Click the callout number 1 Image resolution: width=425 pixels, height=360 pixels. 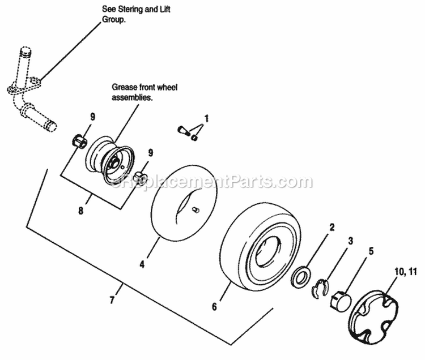(x=207, y=119)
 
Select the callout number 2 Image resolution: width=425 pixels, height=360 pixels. (x=333, y=228)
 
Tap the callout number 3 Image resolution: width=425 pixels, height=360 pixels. (x=351, y=241)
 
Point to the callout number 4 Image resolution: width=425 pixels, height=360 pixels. (x=142, y=264)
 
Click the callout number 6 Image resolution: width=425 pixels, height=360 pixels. (x=214, y=306)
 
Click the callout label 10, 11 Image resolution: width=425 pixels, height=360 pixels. (x=405, y=272)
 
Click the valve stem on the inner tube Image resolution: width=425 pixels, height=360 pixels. (x=195, y=211)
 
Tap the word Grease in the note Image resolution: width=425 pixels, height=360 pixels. (x=123, y=87)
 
